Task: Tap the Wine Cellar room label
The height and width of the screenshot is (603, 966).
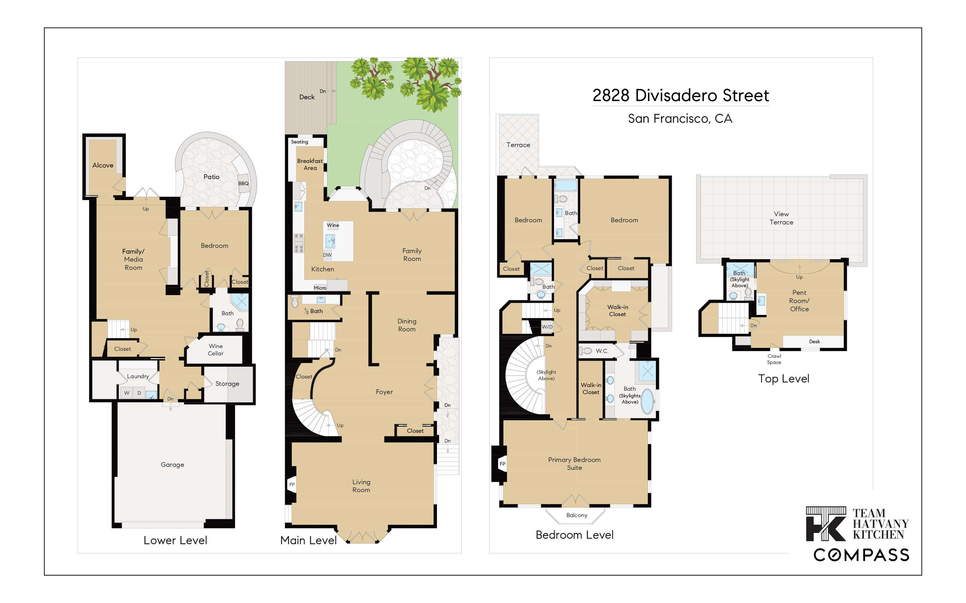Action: pos(216,350)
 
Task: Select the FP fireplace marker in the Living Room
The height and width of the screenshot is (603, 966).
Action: pos(292,485)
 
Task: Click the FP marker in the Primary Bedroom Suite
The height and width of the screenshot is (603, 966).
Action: pos(502,464)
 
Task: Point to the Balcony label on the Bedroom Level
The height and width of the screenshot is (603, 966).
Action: pos(577,515)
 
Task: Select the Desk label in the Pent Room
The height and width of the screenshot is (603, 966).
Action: pos(814,341)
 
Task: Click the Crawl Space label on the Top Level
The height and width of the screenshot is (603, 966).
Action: pos(774,359)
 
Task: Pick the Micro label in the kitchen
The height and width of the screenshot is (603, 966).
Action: pos(320,288)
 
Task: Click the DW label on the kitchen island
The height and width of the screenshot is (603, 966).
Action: pos(327,255)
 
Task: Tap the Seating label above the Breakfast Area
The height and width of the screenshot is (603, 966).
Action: pos(299,142)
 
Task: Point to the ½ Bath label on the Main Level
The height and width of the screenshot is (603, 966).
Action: pos(313,311)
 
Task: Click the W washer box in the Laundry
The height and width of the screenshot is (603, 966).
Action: pos(127,393)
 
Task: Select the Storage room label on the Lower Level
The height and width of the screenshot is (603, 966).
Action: pos(227,384)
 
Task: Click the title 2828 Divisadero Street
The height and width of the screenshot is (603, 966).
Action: pos(681,96)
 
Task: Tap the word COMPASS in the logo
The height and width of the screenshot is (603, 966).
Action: pos(861,555)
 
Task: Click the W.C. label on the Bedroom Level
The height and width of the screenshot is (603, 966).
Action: pos(602,351)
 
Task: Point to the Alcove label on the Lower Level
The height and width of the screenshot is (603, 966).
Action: pos(103,165)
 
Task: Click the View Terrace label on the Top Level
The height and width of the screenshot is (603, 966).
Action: pos(781,218)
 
